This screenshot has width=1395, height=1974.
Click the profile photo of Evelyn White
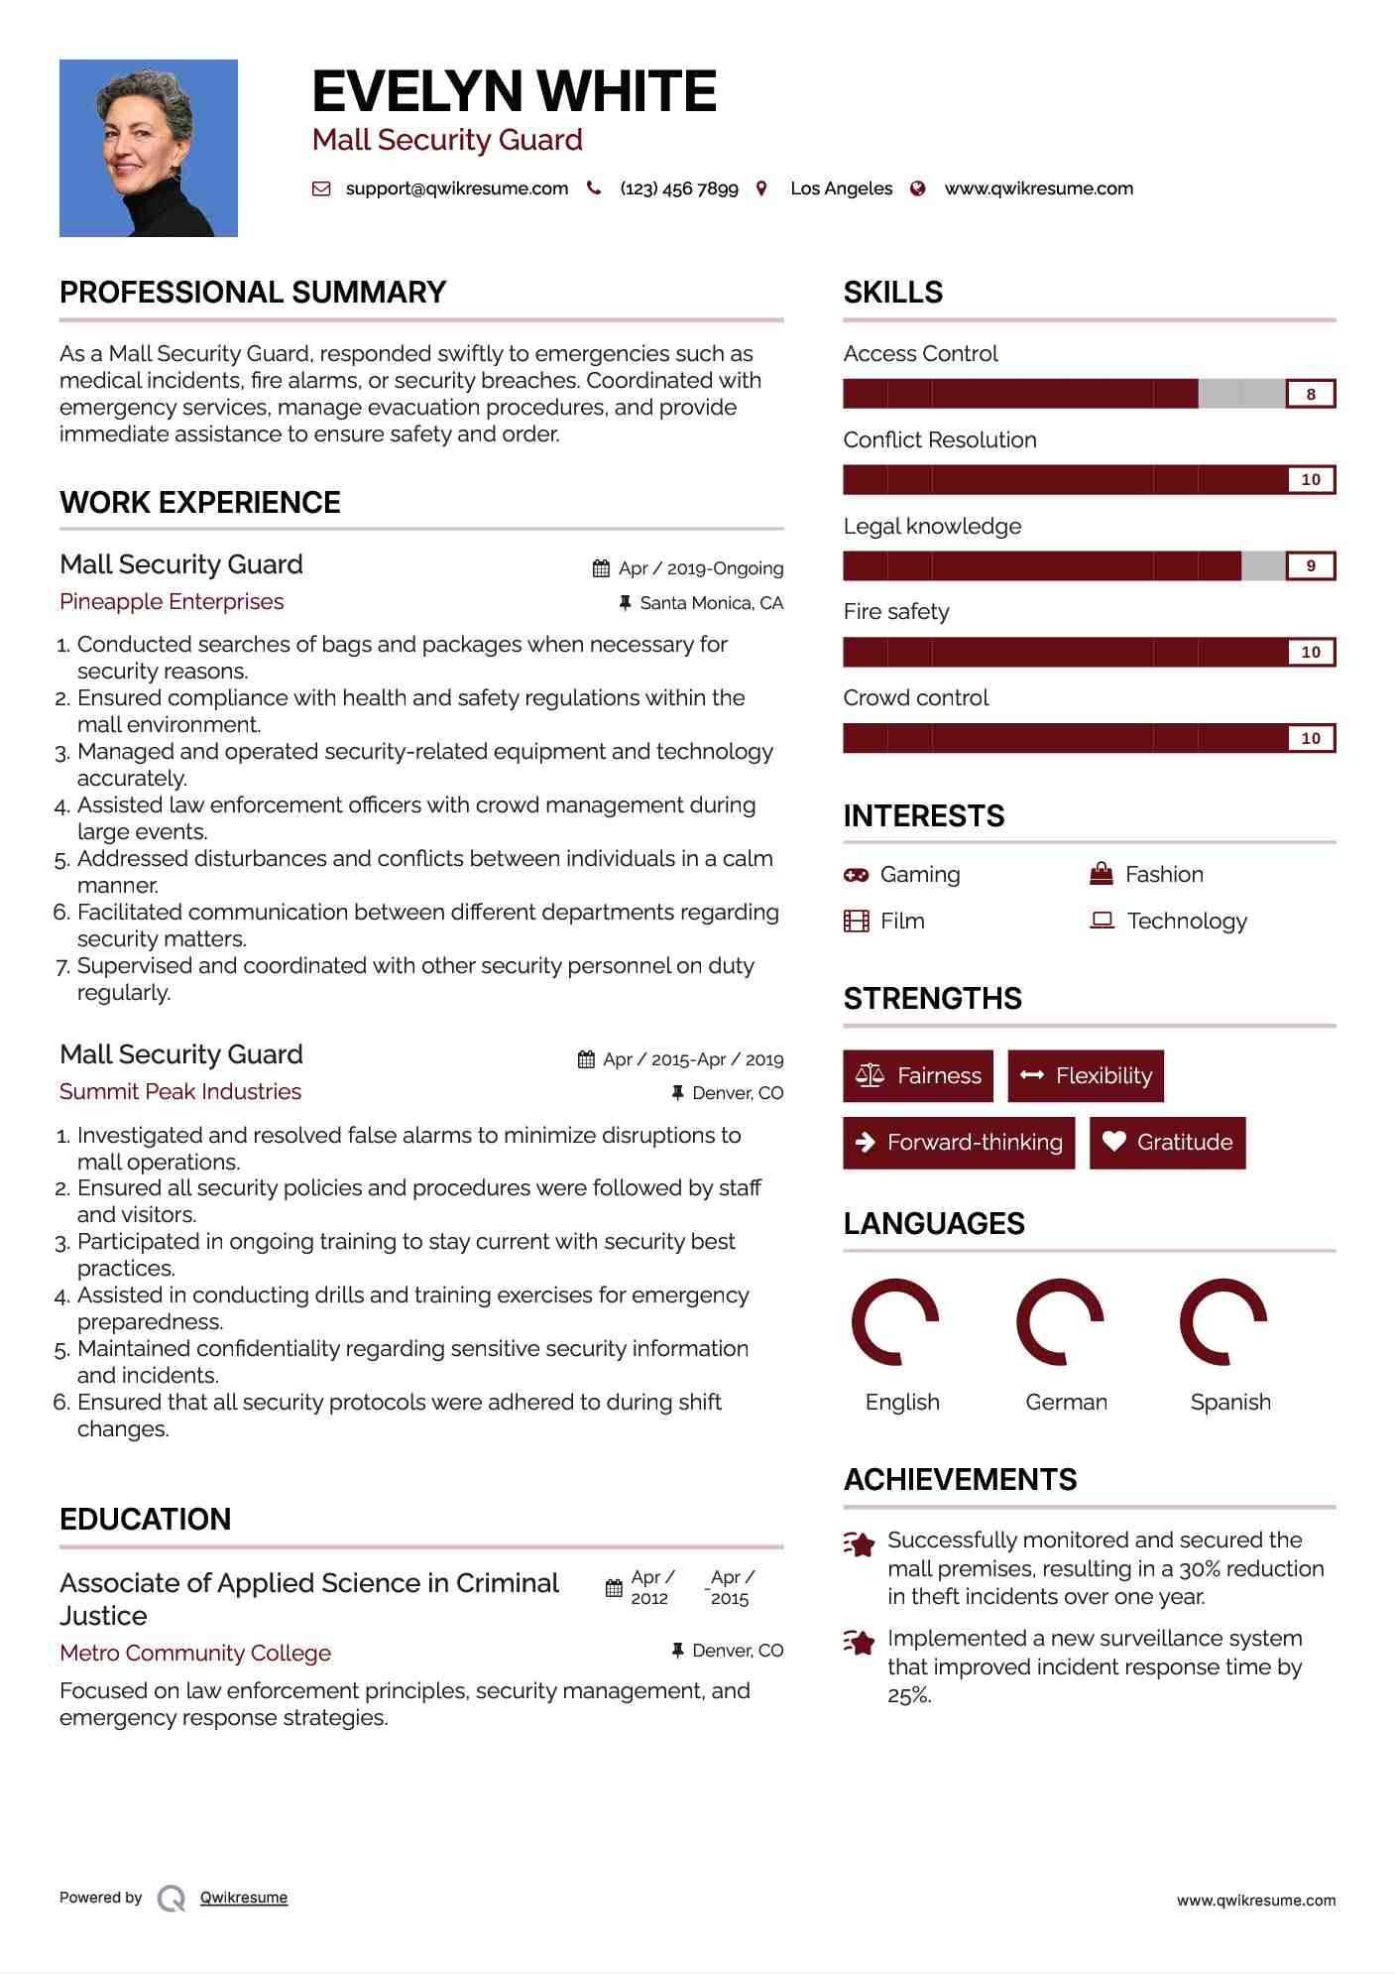point(149,148)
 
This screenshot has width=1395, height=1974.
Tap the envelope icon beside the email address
point(321,188)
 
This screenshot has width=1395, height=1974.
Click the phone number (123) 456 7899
point(678,188)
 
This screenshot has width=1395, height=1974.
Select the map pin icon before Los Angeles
point(761,188)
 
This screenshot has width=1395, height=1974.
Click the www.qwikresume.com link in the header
point(1038,188)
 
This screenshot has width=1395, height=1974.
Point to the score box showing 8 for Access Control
point(1310,394)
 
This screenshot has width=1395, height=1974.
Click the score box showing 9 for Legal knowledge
point(1310,566)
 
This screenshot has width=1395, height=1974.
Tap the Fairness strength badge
point(918,1076)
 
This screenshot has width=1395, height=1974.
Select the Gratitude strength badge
point(1167,1143)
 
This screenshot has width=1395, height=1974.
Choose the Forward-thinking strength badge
point(959,1143)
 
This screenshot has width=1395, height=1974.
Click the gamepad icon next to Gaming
point(856,875)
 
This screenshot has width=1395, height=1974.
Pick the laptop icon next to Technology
point(1102,921)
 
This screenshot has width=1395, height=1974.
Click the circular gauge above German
point(1060,1322)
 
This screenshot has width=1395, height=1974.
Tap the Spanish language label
point(1230,1402)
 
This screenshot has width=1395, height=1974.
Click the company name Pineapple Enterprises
point(172,602)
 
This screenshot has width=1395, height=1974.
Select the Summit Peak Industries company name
point(180,1092)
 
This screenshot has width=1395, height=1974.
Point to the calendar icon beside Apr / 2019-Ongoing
point(601,568)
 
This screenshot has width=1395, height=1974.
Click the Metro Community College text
point(195,1654)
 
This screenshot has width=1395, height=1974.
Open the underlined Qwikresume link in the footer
point(244,1898)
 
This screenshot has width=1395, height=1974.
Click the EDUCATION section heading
point(145,1519)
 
